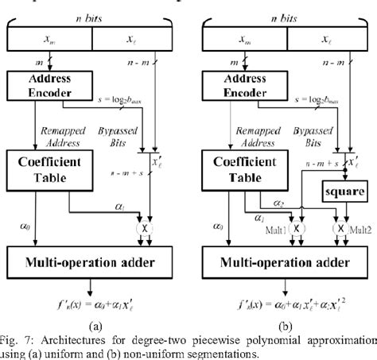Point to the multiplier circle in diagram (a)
pyautogui.click(x=144, y=227)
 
